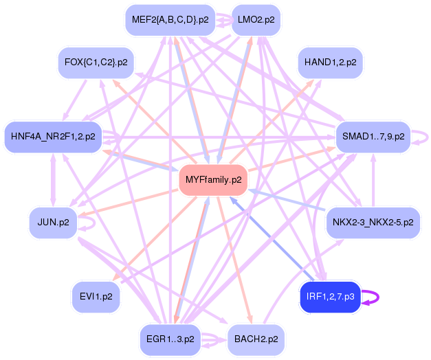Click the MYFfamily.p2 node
213,180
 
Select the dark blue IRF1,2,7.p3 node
330,297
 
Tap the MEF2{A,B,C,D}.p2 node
170,20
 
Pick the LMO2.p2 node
256,20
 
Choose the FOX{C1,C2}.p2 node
96,63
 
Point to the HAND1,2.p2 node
330,63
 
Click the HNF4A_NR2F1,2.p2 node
53,137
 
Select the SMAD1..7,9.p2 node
373,137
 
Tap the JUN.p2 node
53,223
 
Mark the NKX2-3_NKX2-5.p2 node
373,223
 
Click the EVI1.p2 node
96,297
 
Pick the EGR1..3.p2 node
170,339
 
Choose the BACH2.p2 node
256,339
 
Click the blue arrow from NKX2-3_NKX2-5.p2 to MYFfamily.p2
287,200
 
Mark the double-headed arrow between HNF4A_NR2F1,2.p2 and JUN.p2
53,180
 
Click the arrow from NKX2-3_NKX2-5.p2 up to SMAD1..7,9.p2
373,180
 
